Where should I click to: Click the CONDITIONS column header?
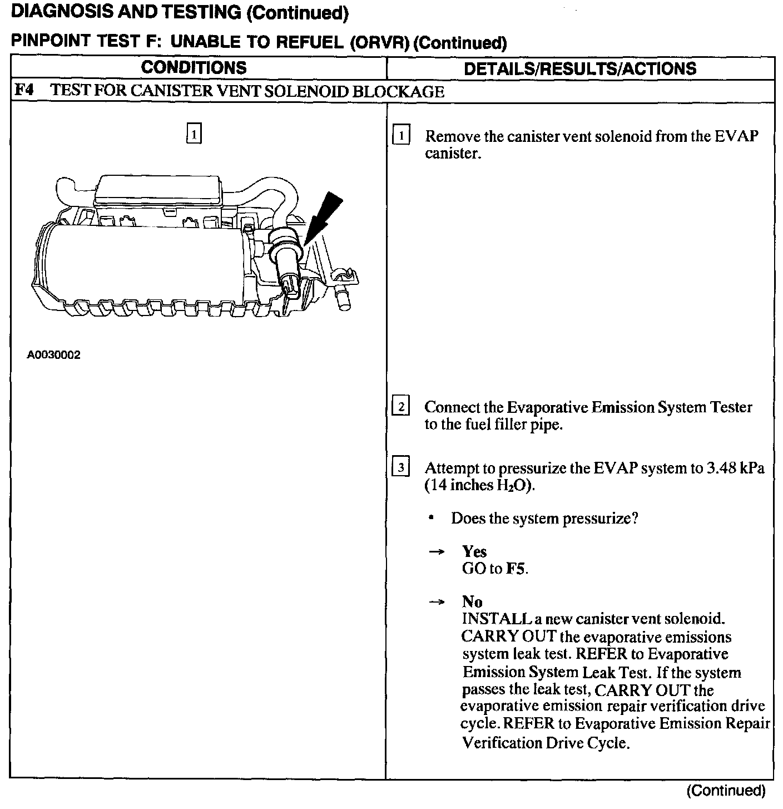(194, 68)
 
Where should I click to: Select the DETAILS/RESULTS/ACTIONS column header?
(580, 68)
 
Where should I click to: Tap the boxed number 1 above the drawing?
(194, 134)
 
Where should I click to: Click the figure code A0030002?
(54, 355)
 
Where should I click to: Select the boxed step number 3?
(401, 467)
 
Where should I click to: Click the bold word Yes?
(474, 551)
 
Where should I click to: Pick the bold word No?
(472, 601)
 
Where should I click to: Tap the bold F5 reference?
(516, 569)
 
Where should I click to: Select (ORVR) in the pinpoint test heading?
(380, 43)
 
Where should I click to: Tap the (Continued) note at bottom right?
(726, 790)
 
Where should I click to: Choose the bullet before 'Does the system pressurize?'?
(431, 518)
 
